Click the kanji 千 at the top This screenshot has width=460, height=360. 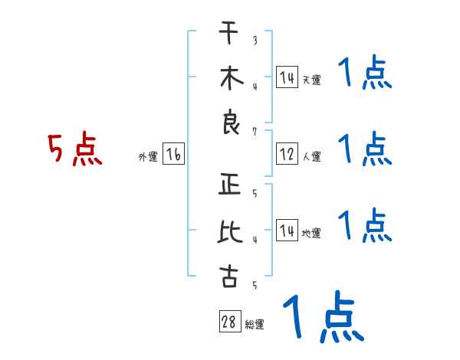click(228, 34)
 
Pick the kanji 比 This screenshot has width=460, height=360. click(228, 231)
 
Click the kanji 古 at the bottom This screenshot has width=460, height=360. click(228, 276)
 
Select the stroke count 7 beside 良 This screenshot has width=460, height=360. click(255, 130)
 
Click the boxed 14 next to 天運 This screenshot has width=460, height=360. click(287, 77)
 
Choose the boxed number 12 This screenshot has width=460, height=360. click(287, 154)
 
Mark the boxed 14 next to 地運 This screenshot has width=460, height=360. click(287, 230)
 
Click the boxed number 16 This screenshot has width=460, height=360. click(173, 154)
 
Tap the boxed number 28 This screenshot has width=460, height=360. click(229, 322)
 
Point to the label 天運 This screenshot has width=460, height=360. click(311, 80)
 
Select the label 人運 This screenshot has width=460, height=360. click(311, 157)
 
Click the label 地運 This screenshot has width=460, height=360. click(311, 233)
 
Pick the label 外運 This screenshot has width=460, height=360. click(148, 157)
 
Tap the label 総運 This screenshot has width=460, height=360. click(255, 325)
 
